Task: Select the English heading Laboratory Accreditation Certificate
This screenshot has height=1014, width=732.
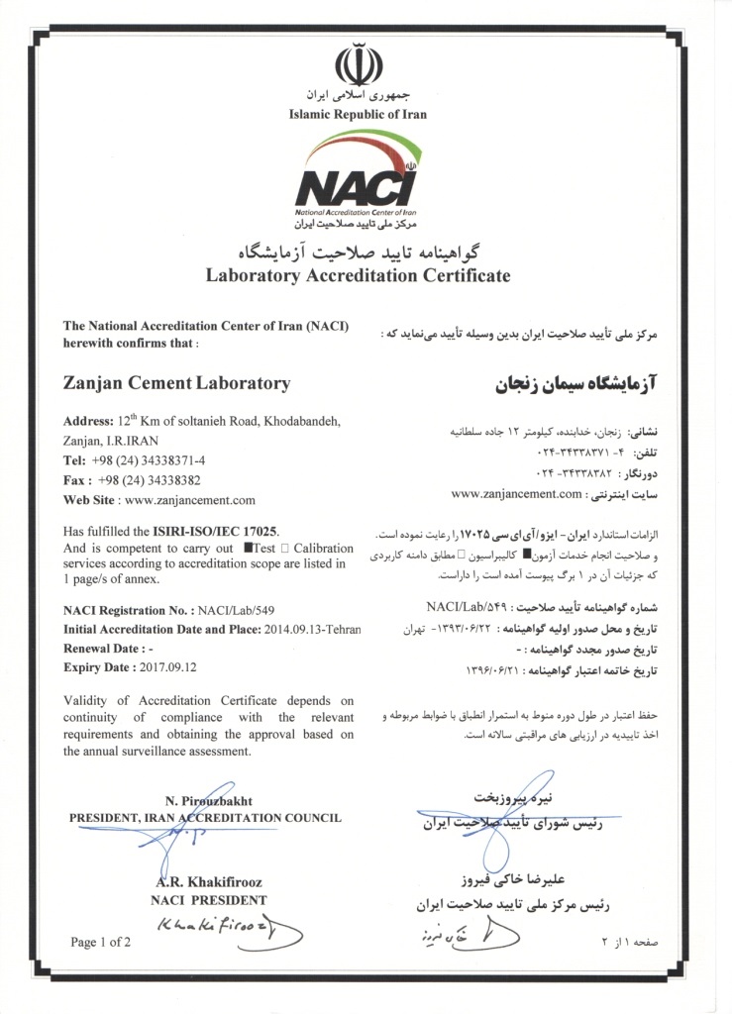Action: point(358,275)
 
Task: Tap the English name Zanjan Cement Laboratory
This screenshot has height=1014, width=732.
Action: point(176,383)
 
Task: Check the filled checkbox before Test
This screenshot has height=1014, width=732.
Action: point(248,548)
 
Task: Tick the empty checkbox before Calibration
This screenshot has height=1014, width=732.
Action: point(285,548)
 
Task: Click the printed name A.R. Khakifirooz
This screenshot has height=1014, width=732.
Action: point(208,882)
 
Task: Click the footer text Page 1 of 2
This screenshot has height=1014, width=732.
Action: point(101,942)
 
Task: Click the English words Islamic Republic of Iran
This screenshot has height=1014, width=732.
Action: point(358,114)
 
